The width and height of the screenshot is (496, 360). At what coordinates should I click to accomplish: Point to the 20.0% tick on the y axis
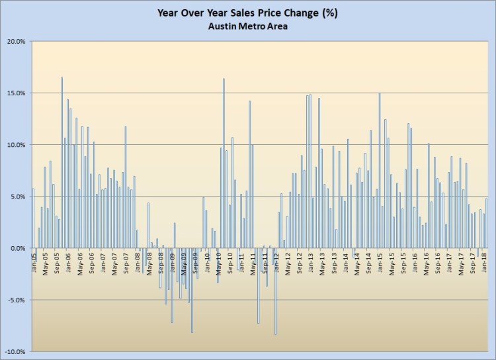16,41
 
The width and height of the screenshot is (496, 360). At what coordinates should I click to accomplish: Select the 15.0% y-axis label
16,93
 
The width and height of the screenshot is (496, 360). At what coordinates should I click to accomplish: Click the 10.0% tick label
16,144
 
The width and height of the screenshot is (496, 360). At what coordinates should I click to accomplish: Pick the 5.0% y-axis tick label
17,197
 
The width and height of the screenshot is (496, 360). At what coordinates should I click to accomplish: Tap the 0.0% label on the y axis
17,248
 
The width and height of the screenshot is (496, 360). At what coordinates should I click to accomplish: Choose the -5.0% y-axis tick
16,300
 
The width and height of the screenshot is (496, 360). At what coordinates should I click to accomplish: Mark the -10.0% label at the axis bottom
15,351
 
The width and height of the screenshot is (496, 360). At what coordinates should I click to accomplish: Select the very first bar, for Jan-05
33,218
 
